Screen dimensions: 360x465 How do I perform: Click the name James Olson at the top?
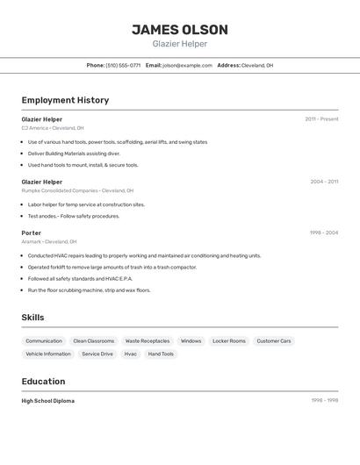point(180,30)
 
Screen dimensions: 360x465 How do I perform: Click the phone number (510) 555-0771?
point(123,65)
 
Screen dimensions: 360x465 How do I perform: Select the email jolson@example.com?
point(188,65)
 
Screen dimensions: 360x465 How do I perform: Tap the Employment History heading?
point(65,100)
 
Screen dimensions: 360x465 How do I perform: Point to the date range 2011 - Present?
point(321,119)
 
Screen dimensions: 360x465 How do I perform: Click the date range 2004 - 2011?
point(324,182)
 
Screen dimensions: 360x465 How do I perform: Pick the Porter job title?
point(32,232)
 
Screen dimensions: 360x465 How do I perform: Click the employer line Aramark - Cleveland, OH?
point(49,241)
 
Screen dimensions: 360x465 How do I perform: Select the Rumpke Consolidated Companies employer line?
point(77,190)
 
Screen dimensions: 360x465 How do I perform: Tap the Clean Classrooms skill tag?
point(93,340)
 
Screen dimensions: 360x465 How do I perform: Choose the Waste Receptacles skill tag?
point(148,340)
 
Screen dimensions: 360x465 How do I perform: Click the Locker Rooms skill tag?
point(229,340)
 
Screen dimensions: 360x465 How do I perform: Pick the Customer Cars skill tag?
point(274,340)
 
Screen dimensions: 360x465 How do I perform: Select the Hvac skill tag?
point(130,354)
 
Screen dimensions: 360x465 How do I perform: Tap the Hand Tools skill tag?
point(161,354)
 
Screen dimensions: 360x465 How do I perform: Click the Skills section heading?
point(32,318)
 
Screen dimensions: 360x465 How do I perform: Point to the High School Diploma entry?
point(48,401)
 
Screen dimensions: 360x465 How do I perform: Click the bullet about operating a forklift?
point(112,267)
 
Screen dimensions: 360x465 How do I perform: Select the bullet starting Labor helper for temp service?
point(86,204)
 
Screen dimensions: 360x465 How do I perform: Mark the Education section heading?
point(43,382)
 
